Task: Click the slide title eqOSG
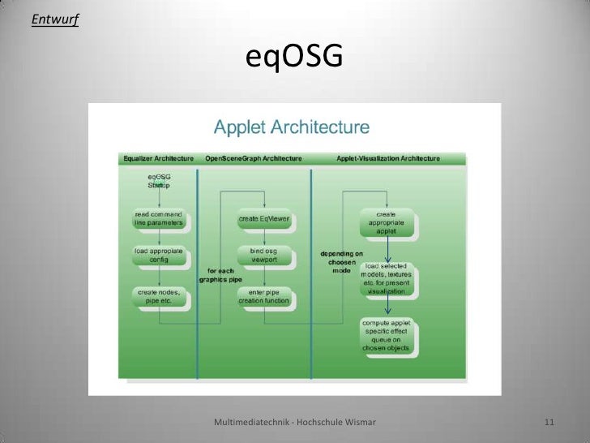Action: point(295,58)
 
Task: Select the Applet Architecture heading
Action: point(291,127)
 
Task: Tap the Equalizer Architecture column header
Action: point(157,158)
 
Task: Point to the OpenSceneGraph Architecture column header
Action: point(254,158)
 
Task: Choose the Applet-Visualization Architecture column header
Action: point(388,158)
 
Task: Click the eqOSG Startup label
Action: point(159,181)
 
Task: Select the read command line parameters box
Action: point(159,219)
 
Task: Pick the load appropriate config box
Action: point(159,256)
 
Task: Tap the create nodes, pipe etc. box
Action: point(159,296)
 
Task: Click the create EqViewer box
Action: point(264,219)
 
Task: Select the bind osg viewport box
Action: point(264,256)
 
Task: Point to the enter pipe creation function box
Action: point(264,296)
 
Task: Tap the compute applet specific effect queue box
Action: point(387,336)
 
